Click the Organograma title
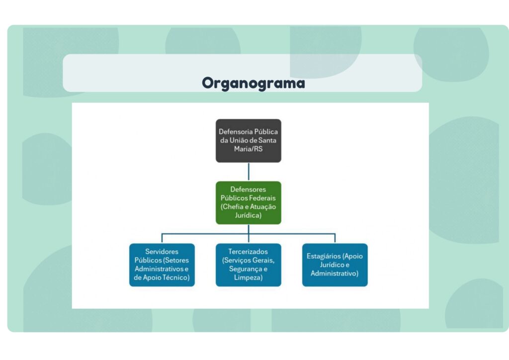pyautogui.click(x=253, y=83)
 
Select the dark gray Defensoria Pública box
pyautogui.click(x=248, y=140)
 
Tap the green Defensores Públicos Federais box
pyautogui.click(x=248, y=202)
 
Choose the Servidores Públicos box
pyautogui.click(x=162, y=265)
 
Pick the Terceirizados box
pyautogui.click(x=248, y=265)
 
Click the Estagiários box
pyautogui.click(x=335, y=265)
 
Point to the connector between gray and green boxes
pyautogui.click(x=249, y=172)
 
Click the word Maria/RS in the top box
pyautogui.click(x=248, y=149)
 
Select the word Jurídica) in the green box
pyautogui.click(x=248, y=215)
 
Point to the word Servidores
pyautogui.click(x=162, y=252)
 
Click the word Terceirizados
pyautogui.click(x=248, y=252)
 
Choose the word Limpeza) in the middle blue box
pyautogui.click(x=248, y=277)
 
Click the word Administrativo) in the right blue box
pyautogui.click(x=335, y=273)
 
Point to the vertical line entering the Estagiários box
pyautogui.click(x=335, y=238)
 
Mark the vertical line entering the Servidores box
pyautogui.click(x=162, y=238)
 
